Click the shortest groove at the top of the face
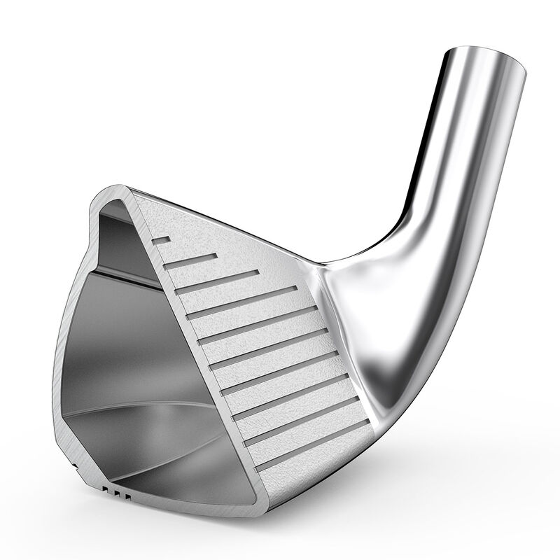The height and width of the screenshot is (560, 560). pos(162,240)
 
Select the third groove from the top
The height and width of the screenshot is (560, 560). pos(217,280)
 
